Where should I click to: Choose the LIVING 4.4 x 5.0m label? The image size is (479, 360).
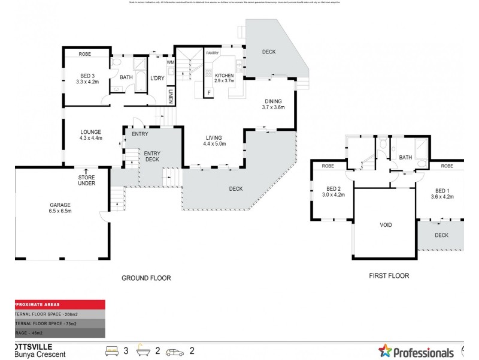(214, 140)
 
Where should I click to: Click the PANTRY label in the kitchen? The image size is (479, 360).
(212, 53)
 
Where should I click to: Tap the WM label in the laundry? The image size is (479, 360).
(171, 62)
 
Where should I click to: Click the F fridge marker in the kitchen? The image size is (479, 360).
(210, 92)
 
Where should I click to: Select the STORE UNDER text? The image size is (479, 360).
(87, 181)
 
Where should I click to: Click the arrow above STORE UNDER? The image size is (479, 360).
(87, 171)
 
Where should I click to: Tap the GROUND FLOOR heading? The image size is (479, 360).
(146, 278)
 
